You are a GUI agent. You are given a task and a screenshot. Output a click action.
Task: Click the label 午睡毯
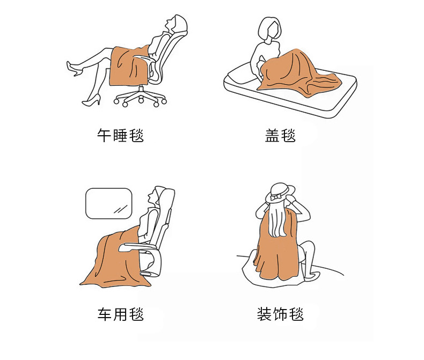point(120,135)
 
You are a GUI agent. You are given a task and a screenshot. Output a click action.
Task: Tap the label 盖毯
point(280,135)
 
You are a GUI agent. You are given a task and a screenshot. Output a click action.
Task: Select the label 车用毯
point(120,314)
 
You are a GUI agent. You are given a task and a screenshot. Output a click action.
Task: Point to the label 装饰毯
point(280,314)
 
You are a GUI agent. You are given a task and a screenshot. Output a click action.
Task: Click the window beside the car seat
point(109,203)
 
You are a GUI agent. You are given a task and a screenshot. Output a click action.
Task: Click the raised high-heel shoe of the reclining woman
point(74,68)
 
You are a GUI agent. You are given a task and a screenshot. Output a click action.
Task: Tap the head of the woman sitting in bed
point(269,28)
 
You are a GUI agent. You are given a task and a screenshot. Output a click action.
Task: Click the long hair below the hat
point(276,219)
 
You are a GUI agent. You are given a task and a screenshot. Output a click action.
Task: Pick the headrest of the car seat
point(165,197)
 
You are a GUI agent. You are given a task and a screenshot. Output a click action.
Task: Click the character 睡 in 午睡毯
point(120,135)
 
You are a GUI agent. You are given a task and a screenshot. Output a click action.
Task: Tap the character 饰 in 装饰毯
point(280,314)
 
